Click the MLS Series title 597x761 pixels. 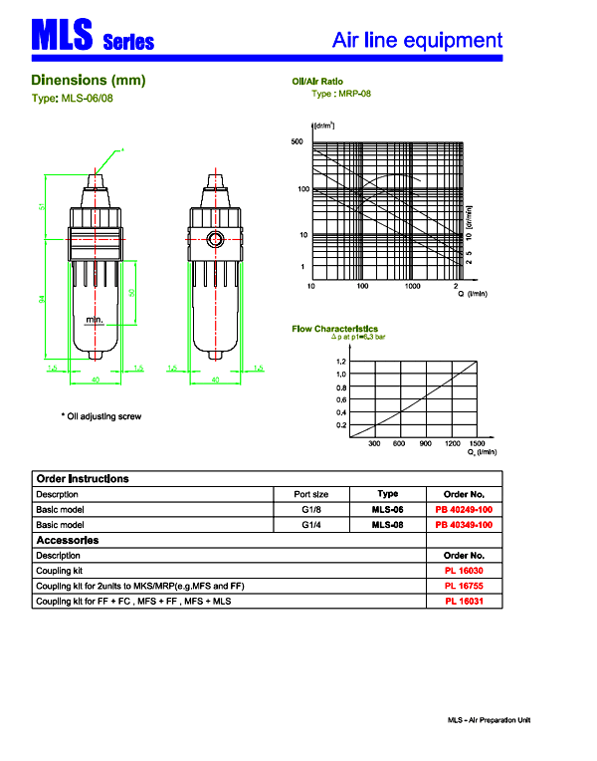pyautogui.click(x=93, y=39)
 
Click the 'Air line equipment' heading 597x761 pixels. pyautogui.click(x=417, y=41)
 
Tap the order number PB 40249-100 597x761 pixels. pyautogui.click(x=464, y=509)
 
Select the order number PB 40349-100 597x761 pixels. pyautogui.click(x=464, y=524)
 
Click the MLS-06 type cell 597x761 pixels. pyautogui.click(x=388, y=509)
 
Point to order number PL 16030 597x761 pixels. pyautogui.click(x=464, y=571)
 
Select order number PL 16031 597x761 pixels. pyautogui.click(x=464, y=602)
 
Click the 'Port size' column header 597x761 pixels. pyautogui.click(x=311, y=494)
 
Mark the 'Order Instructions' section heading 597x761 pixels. pyautogui.click(x=83, y=478)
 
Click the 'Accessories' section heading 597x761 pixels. pyautogui.click(x=67, y=540)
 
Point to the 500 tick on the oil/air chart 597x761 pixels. pyautogui.click(x=297, y=142)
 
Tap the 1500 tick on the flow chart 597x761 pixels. pyautogui.click(x=478, y=443)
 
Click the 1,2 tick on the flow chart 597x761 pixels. pyautogui.click(x=340, y=362)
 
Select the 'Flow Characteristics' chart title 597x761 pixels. pyautogui.click(x=334, y=329)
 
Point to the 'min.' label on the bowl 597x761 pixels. pyautogui.click(x=94, y=320)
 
